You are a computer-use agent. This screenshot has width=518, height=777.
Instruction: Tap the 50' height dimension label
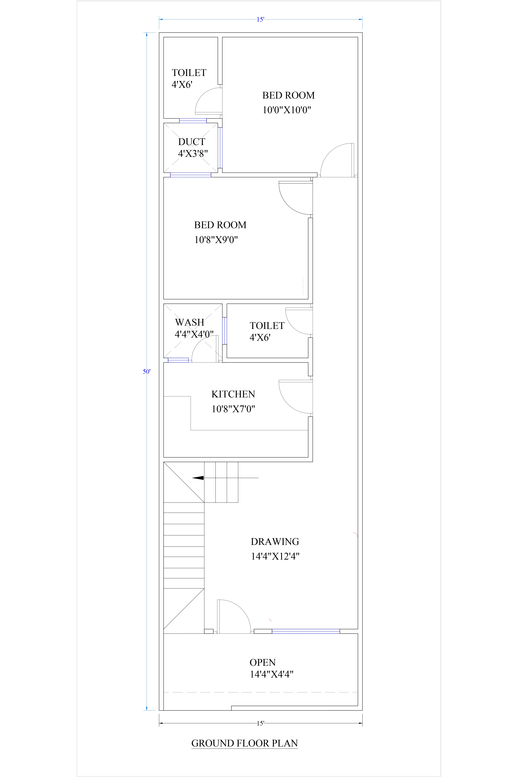(146, 371)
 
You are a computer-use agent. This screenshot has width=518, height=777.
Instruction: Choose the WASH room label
(190, 322)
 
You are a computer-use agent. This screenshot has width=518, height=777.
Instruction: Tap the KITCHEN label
(233, 394)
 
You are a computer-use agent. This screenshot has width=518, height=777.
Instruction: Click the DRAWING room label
(275, 541)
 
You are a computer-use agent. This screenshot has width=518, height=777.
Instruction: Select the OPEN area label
(263, 662)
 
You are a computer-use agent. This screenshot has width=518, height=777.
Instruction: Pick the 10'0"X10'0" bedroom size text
(287, 110)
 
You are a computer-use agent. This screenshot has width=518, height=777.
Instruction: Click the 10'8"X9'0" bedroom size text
(216, 240)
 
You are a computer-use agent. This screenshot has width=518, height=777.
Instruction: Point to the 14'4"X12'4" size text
(275, 556)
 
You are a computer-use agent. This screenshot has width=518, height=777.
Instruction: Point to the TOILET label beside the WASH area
(267, 326)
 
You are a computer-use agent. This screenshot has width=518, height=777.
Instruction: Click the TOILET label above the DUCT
(189, 73)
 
